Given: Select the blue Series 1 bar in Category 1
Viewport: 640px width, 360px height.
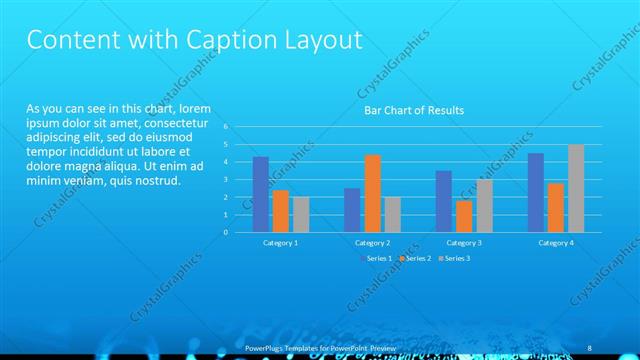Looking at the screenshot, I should pos(261,194).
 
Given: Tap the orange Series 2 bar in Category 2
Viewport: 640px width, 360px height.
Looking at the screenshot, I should pos(372,193).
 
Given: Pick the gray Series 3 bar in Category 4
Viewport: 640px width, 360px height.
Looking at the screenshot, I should pos(576,188).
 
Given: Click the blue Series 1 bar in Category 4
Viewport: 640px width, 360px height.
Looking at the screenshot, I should pos(536,192).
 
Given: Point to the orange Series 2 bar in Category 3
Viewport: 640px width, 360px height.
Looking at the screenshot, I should pos(464,216).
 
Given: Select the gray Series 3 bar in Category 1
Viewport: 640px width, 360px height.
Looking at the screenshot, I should pos(301,214).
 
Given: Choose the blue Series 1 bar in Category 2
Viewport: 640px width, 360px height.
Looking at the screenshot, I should pos(352,210).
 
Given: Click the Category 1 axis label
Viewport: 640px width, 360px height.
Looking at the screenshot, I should pos(281,243).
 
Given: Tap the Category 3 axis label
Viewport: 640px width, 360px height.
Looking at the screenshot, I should pos(464,243).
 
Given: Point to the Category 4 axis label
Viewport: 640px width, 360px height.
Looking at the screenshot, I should pos(556,243).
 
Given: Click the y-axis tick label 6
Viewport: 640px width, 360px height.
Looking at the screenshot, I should pos(227,127).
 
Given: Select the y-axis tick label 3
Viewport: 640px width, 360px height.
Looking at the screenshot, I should pos(227,180).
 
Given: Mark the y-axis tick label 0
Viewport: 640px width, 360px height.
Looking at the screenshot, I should pos(227,232).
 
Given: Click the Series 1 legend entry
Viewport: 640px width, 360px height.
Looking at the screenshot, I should pos(376,258).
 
